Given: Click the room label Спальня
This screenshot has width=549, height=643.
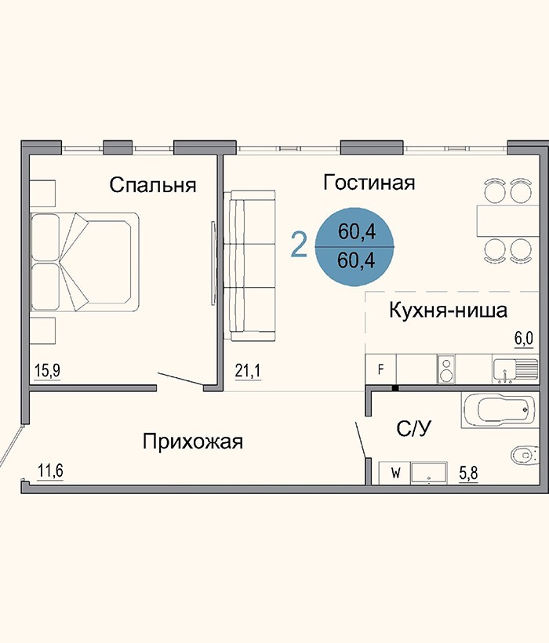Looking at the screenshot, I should point(152,186).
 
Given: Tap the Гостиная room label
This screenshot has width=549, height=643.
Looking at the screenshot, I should point(369,183).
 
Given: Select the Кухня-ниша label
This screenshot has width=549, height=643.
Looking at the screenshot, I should point(448,311).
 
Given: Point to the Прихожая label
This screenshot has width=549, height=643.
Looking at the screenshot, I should point(193,441).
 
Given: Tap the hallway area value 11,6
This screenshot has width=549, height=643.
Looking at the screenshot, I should point(50,471).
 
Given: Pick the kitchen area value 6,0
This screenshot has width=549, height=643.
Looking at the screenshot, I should point(523,338).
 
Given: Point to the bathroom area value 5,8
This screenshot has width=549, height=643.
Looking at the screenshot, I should point(470,472).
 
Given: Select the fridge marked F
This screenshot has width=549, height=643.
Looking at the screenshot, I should point(381,369).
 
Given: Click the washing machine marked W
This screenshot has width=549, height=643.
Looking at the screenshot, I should point(395,473).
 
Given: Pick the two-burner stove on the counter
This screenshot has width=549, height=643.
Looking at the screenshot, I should point(446,367).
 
